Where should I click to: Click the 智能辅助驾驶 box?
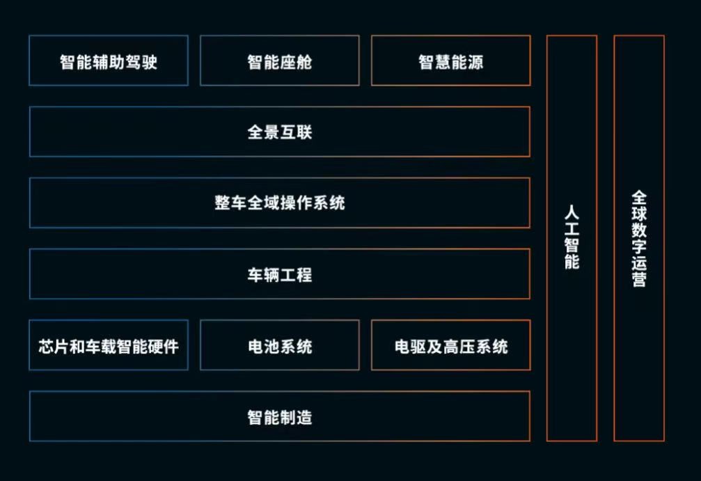(x=109, y=61)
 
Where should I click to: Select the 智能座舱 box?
(x=280, y=61)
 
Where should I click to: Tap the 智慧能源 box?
(x=450, y=61)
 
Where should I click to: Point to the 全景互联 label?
(x=280, y=132)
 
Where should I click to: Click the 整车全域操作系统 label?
(x=280, y=203)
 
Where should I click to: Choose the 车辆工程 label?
(x=280, y=274)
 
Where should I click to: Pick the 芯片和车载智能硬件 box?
(x=109, y=346)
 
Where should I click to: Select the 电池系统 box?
(x=280, y=346)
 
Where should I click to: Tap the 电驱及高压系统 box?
(x=450, y=346)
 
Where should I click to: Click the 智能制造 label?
(x=280, y=417)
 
